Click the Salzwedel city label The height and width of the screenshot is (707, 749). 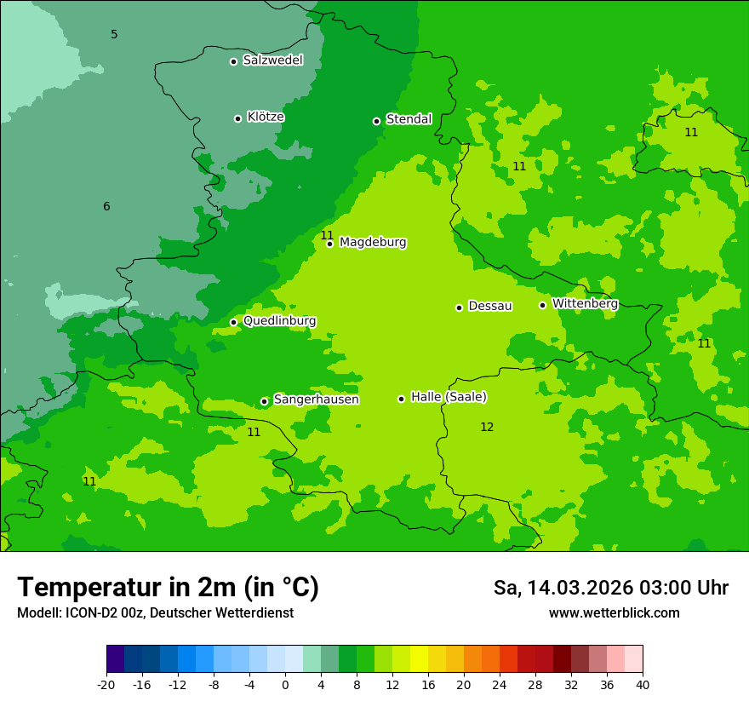(x=272, y=60)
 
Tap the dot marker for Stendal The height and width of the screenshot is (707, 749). (x=376, y=121)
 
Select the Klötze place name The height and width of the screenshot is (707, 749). (x=266, y=118)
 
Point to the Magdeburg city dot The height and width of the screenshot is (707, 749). (x=330, y=244)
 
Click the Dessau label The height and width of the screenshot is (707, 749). (x=490, y=307)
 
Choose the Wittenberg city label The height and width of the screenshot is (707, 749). (x=585, y=304)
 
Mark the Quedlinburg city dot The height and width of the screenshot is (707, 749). (x=234, y=322)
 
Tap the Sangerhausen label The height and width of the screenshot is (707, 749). (x=316, y=399)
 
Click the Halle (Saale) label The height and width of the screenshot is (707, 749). (x=449, y=397)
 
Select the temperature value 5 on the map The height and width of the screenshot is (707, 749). (x=114, y=35)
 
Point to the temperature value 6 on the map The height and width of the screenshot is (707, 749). (x=106, y=207)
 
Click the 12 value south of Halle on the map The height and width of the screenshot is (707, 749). (x=487, y=428)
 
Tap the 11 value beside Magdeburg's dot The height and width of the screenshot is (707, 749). (x=327, y=236)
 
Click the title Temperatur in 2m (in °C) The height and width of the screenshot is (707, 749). (x=168, y=588)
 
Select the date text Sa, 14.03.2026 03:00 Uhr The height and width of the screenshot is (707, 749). (x=610, y=588)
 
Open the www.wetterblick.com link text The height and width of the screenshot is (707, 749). (x=614, y=613)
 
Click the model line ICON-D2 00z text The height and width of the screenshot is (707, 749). (x=155, y=613)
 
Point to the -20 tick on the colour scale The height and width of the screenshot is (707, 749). (x=106, y=684)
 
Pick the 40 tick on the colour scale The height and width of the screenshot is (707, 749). (x=643, y=684)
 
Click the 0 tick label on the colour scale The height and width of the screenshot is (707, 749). (x=285, y=684)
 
